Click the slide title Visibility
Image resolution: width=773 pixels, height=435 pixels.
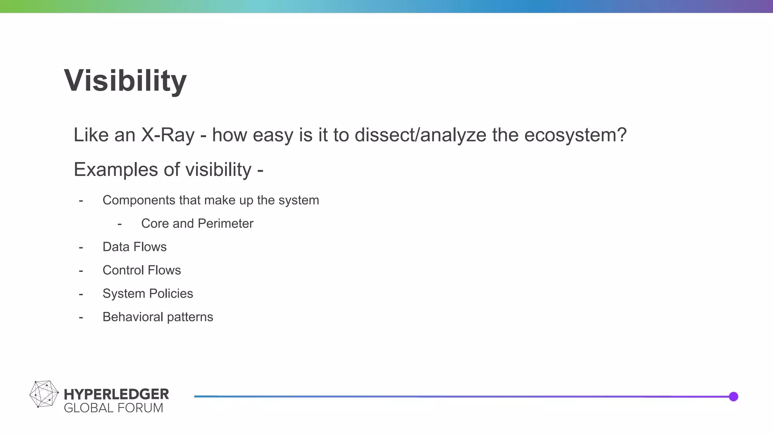click(125, 80)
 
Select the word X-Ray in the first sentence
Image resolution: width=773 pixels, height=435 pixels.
click(168, 135)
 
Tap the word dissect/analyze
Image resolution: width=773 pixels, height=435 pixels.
click(420, 135)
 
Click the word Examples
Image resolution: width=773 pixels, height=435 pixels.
click(115, 170)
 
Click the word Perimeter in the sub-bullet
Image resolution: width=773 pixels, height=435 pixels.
click(225, 224)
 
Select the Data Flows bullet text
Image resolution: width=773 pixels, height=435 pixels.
click(134, 247)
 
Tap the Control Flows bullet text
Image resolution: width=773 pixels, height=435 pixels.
click(142, 270)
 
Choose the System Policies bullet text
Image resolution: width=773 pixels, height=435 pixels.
click(148, 294)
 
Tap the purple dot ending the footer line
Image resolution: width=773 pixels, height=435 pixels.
click(733, 396)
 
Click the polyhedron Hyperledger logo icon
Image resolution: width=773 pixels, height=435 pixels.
click(44, 394)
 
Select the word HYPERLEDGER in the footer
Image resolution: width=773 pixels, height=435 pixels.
click(116, 394)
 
